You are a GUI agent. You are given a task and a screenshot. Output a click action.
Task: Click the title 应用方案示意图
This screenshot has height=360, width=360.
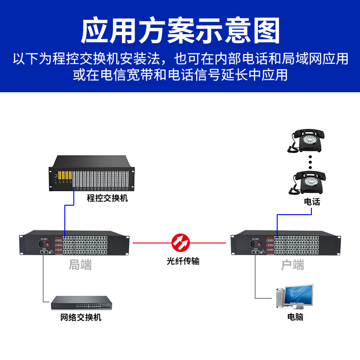pos(180,31)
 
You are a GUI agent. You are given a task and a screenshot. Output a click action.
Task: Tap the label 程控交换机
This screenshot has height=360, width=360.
pos(108,198)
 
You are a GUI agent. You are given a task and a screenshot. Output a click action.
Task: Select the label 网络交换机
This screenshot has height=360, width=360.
pos(81,317)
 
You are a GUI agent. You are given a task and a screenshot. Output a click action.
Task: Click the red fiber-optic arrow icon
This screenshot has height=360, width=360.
pos(181,243)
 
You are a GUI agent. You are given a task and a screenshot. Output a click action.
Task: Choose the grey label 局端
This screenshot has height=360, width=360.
pos(80,265)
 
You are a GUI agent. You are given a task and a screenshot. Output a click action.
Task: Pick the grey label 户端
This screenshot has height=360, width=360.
pos(292,265)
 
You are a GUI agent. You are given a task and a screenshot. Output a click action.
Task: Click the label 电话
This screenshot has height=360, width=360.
pos(312,202)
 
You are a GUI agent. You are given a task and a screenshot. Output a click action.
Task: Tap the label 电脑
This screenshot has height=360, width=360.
pos(295,317)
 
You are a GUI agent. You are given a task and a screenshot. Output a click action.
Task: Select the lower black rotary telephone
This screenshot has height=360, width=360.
pos(309,182)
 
